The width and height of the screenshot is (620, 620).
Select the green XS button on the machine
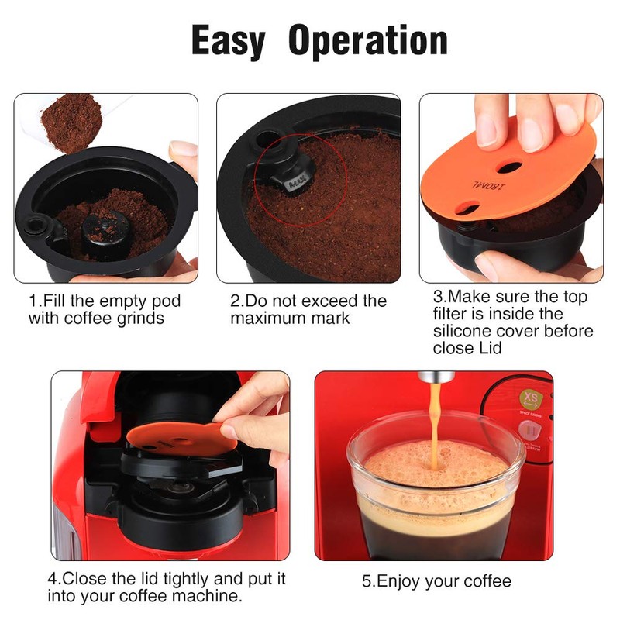pos(531,398)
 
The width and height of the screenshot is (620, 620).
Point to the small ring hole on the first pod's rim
pos(36,226)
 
